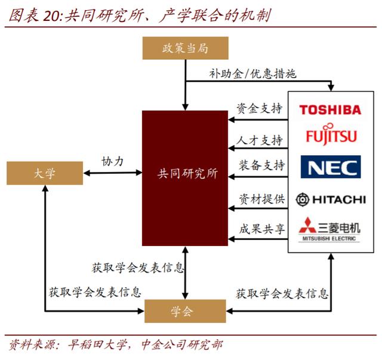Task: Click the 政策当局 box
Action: click(186, 48)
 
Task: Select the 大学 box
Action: click(45, 173)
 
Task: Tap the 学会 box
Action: click(185, 311)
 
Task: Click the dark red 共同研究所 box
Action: click(185, 178)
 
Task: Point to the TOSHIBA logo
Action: click(330, 110)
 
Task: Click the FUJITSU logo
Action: click(331, 134)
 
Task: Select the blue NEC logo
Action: click(331, 167)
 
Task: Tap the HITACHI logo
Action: click(331, 199)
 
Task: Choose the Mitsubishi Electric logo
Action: click(329, 229)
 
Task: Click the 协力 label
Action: click(112, 161)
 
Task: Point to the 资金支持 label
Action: click(260, 108)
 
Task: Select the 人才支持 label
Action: click(260, 140)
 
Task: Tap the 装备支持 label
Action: click(261, 165)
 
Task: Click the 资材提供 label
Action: click(261, 199)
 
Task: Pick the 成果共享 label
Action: click(261, 229)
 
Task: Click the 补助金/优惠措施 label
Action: click(252, 73)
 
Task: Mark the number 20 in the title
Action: click(52, 16)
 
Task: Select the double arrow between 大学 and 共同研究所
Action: click(113, 173)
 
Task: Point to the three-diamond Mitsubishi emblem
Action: click(308, 225)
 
